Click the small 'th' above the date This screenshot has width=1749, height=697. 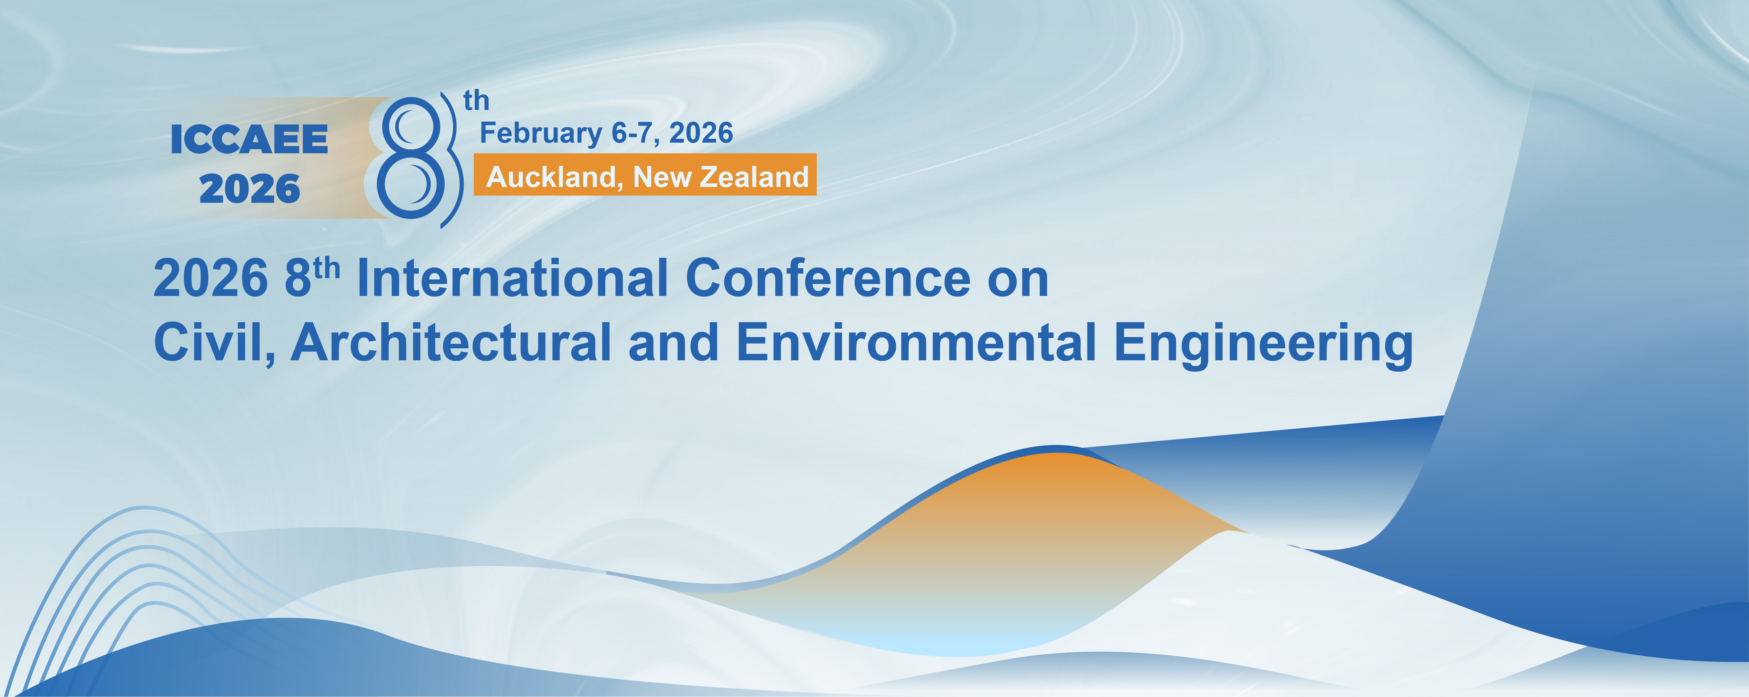476,101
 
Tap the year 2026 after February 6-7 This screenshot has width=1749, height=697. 701,133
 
